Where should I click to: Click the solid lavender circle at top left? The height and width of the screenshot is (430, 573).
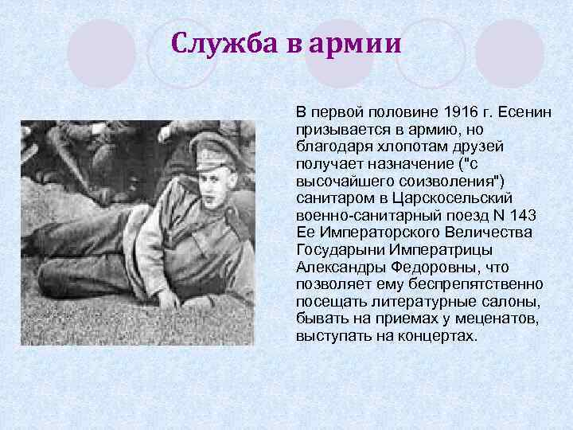[101, 54]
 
